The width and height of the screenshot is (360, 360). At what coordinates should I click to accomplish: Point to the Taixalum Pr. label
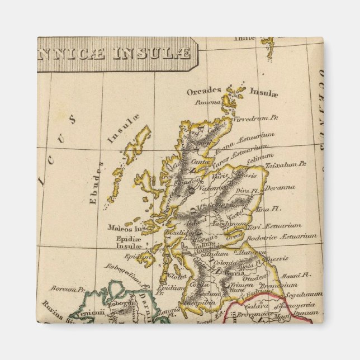click(286, 164)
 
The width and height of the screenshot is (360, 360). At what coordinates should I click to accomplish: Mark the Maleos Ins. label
click(127, 228)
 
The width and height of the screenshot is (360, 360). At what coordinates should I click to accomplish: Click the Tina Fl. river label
click(268, 209)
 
